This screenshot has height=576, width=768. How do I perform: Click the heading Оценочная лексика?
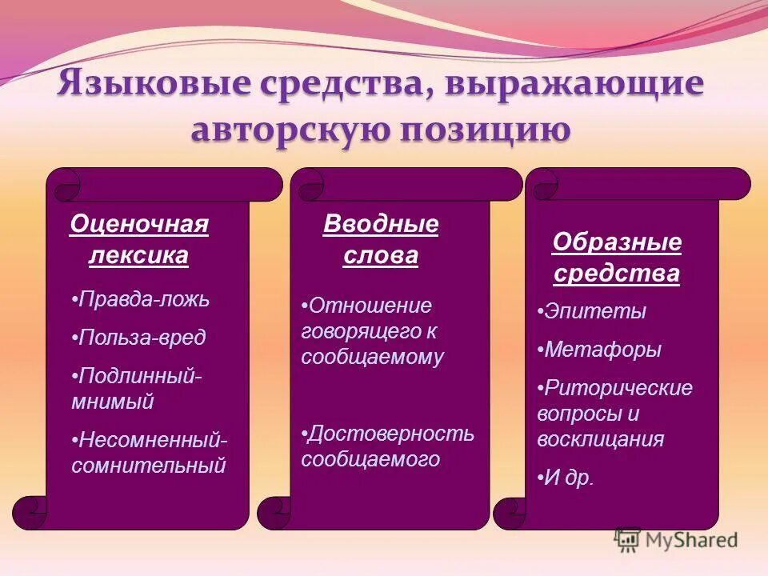coord(139,240)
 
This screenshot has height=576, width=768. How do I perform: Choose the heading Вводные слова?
coord(381,240)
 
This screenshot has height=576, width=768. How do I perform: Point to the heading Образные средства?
coord(617,258)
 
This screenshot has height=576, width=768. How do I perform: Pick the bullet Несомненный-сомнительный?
coord(149,452)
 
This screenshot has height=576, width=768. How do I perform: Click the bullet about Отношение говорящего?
coord(372,331)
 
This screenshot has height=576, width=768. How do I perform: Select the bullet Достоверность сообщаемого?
coord(387,446)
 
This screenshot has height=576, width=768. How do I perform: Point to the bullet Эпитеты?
coord(591,312)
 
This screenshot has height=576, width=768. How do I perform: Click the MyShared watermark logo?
coord(676,540)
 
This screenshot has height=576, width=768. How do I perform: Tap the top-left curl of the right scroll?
coord(542,183)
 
